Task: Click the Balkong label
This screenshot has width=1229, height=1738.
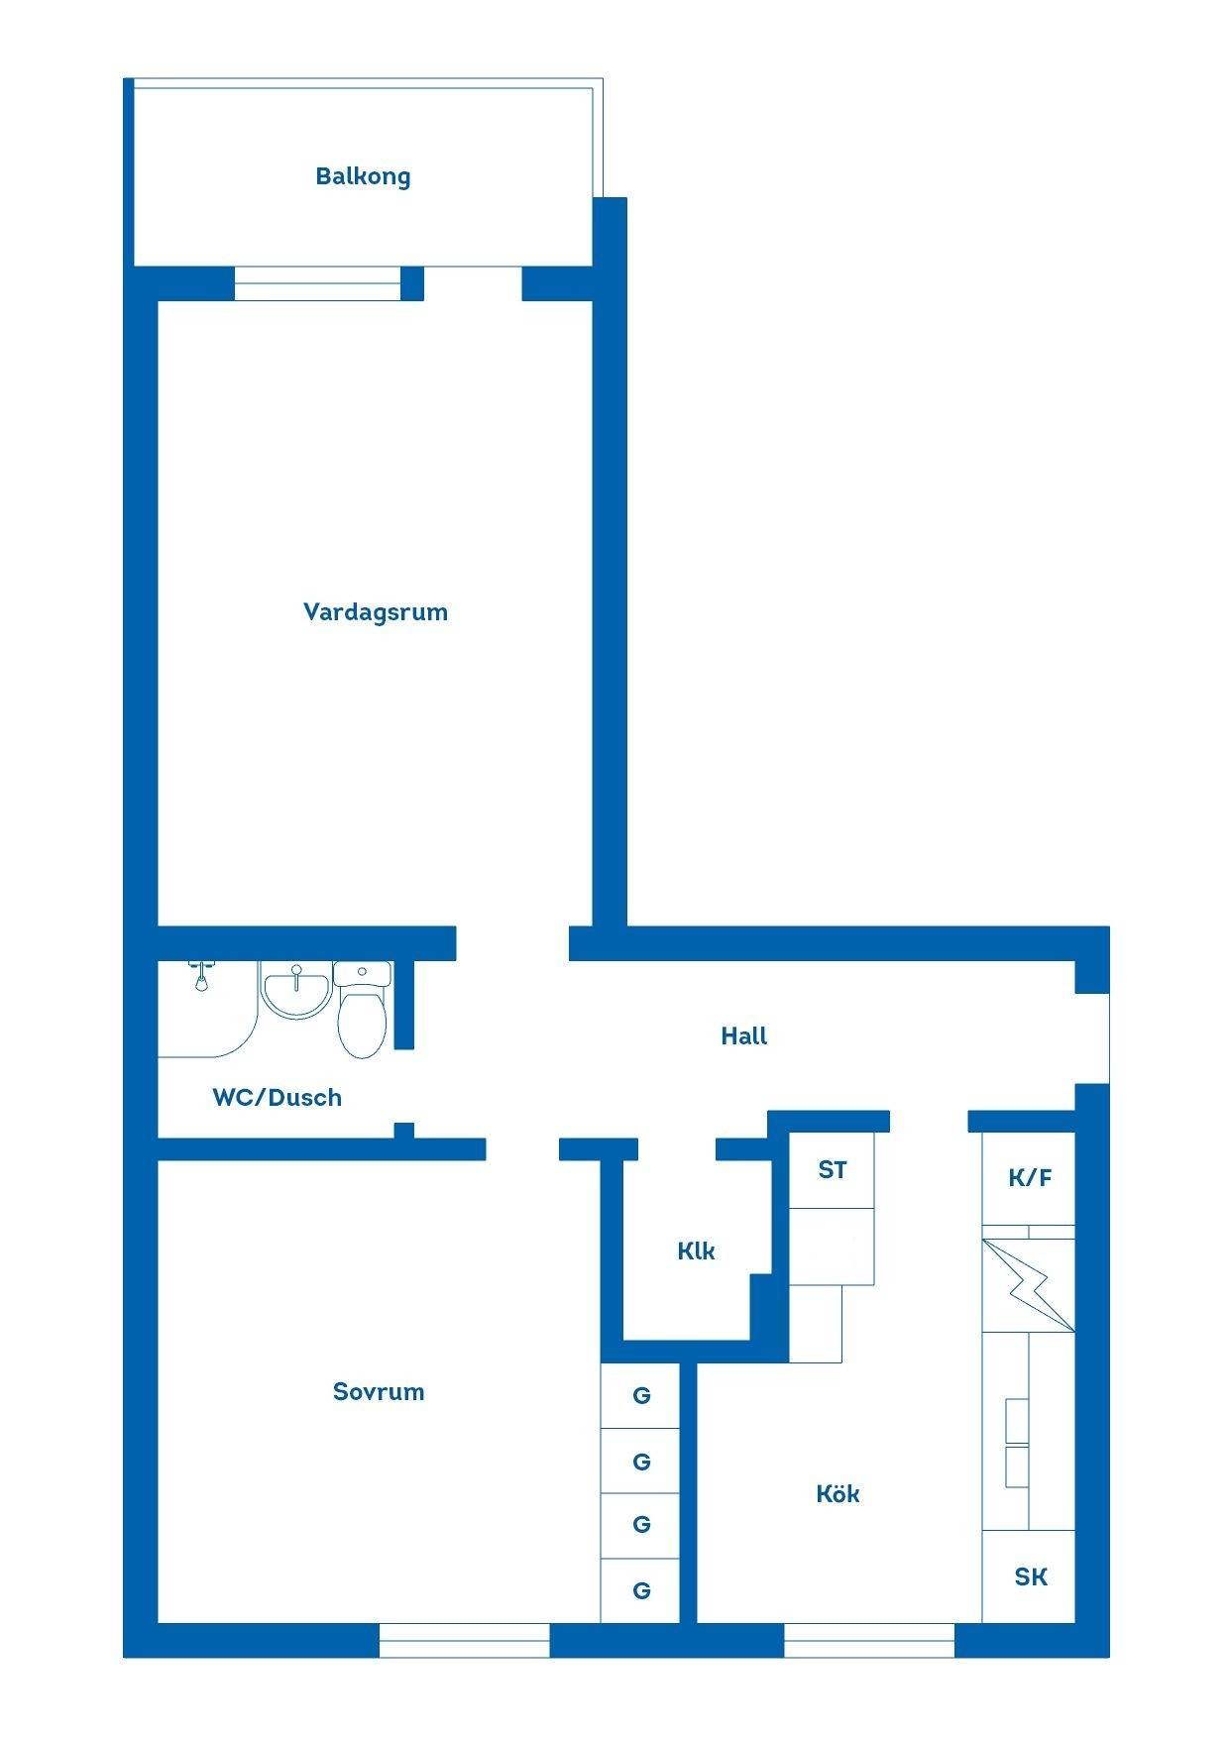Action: click(363, 176)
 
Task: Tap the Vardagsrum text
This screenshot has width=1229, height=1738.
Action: click(376, 612)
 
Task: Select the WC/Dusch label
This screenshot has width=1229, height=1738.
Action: click(278, 1097)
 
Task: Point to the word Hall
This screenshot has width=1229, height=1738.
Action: click(744, 1036)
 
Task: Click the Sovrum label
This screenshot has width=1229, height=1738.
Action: click(379, 1392)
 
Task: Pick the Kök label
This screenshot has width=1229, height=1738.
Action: click(838, 1493)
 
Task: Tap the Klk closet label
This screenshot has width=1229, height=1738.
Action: click(696, 1251)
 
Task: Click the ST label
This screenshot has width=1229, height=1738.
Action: click(833, 1170)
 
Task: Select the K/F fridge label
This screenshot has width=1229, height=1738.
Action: click(1030, 1178)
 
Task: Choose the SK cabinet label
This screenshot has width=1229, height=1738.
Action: click(1031, 1576)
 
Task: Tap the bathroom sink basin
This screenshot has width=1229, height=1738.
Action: click(295, 991)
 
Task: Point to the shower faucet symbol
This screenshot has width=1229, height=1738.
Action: click(201, 976)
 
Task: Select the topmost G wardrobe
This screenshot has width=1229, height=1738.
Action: click(640, 1396)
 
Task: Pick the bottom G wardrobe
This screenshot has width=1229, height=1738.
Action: click(640, 1591)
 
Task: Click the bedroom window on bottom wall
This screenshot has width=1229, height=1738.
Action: click(464, 1640)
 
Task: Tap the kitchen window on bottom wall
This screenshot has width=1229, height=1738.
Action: click(869, 1640)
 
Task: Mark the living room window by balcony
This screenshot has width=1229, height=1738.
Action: click(318, 283)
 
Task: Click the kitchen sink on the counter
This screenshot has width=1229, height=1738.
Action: click(1017, 1443)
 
